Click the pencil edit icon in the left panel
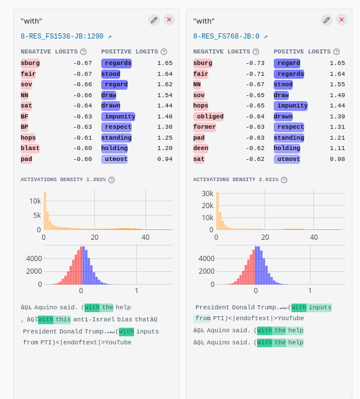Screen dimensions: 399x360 coord(154,20)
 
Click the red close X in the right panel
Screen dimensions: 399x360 coord(342,20)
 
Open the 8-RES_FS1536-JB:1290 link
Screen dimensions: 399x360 coord(66,36)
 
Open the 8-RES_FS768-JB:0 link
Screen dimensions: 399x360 coord(230,36)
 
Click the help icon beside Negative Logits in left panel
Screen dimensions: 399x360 coord(83,52)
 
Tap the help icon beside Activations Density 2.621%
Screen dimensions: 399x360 coord(284,180)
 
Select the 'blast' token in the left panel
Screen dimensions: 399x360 coord(30,148)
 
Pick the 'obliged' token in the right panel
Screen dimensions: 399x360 coord(208,117)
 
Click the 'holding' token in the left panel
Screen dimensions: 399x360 coord(114,148)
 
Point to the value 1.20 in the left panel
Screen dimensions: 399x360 coord(164,148)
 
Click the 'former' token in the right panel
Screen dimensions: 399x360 coord(204,127)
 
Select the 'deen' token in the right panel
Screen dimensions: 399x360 coord(201,148)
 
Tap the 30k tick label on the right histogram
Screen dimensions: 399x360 coord(208,194)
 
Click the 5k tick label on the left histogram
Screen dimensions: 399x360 coord(36,216)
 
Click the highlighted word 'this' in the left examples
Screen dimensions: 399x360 coord(63,320)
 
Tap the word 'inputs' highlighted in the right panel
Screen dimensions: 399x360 coord(320,308)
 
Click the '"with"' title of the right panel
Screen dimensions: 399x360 coord(204,21)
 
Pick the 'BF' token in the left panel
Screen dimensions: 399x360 coord(25,117)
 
